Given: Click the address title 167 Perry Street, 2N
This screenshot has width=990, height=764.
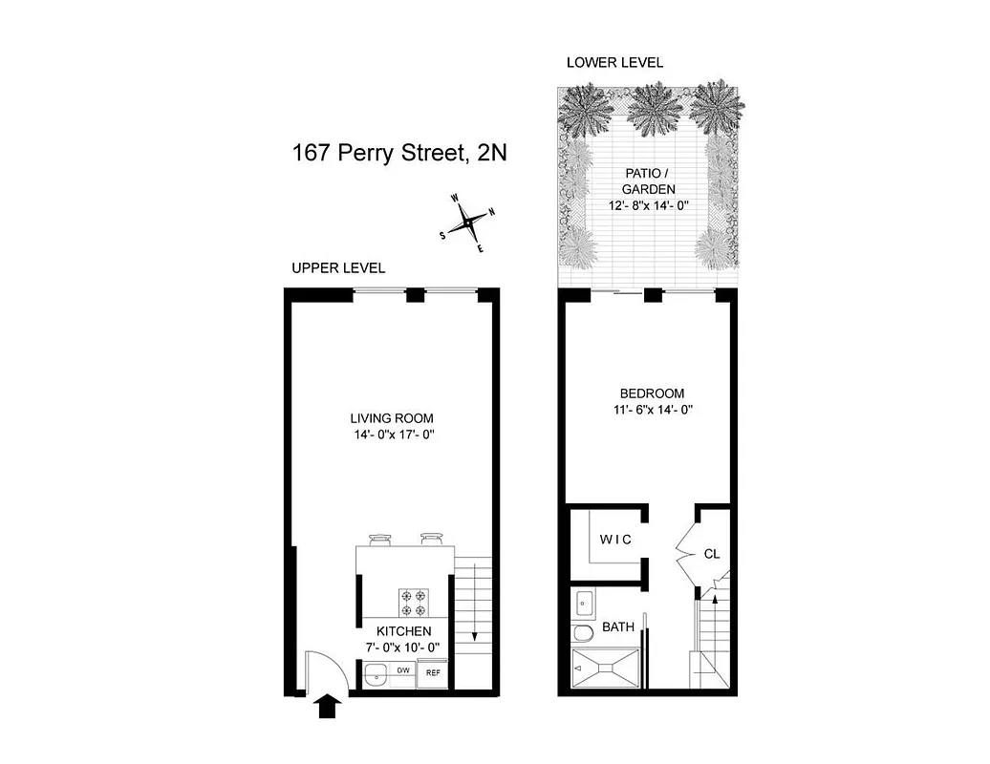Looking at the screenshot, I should (399, 154).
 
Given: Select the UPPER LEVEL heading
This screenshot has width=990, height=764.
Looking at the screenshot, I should (338, 268).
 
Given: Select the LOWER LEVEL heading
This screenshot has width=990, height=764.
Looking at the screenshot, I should (614, 63).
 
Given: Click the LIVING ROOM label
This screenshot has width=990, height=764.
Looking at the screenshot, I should (392, 418).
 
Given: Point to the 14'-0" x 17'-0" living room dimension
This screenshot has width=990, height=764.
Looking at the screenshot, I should (392, 435).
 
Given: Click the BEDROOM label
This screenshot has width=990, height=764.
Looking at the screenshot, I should (652, 393).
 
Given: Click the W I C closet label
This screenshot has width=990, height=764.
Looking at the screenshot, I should (615, 540).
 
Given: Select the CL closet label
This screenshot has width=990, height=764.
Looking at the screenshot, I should (711, 553).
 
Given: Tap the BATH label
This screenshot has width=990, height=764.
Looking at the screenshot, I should (618, 627).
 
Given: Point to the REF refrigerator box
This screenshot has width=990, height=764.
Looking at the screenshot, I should (433, 672).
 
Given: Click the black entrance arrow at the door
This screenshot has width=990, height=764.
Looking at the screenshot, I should (328, 707).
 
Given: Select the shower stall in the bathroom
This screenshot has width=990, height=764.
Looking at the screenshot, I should (606, 670).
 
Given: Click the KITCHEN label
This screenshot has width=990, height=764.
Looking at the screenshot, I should (403, 631).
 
